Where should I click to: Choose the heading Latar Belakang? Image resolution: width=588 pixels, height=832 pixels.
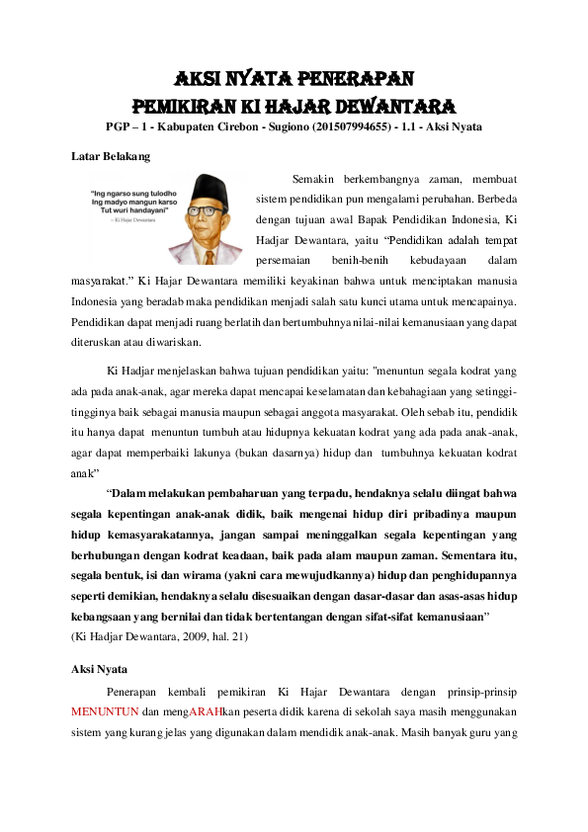pyautogui.click(x=111, y=156)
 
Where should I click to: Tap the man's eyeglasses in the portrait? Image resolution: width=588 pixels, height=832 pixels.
pyautogui.click(x=217, y=208)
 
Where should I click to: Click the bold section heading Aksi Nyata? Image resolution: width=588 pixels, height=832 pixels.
pyautogui.click(x=99, y=669)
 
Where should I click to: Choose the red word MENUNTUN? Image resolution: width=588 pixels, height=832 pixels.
pyautogui.click(x=105, y=711)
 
